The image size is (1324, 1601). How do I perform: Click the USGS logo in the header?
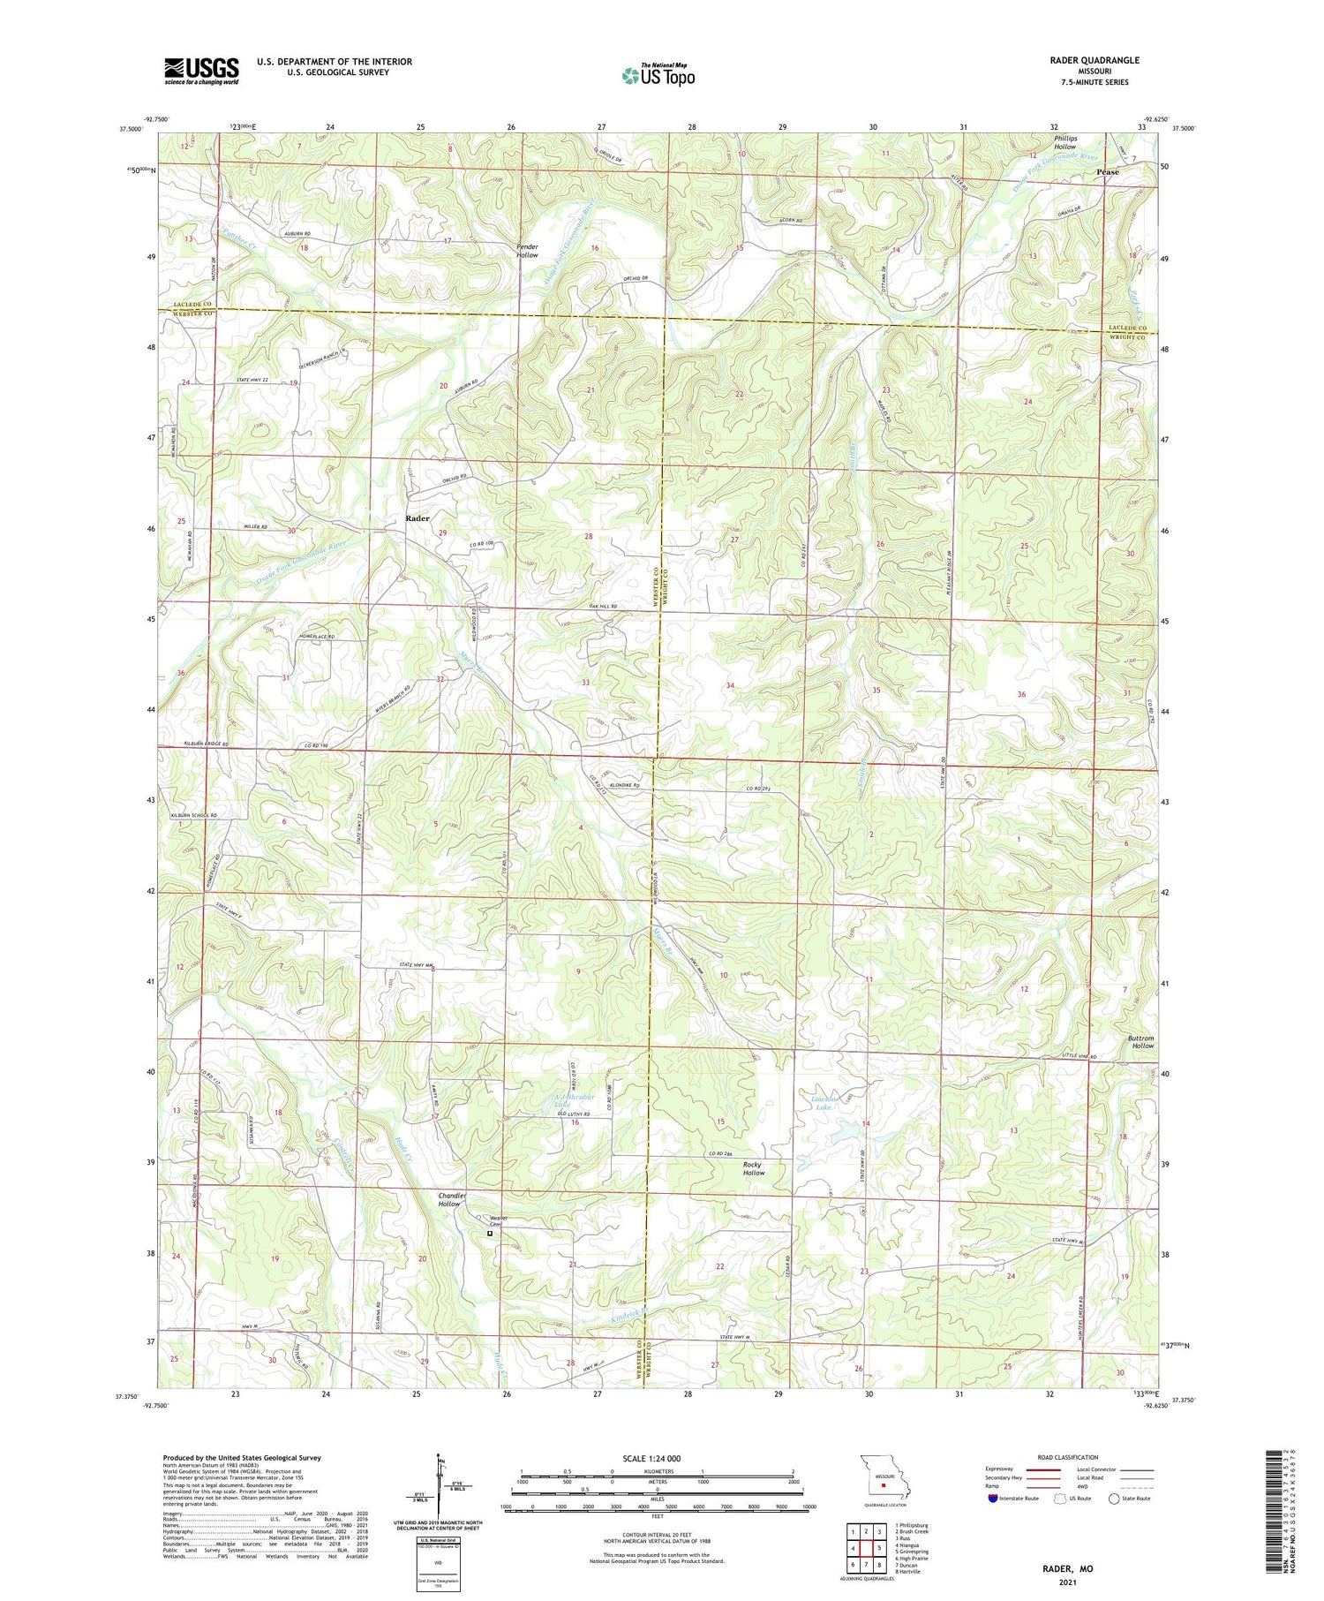click(201, 71)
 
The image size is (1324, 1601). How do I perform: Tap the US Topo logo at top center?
click(658, 76)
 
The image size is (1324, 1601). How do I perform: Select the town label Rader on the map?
click(417, 518)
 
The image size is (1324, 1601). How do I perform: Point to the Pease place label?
click(1107, 172)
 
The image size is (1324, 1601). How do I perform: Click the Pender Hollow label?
click(527, 250)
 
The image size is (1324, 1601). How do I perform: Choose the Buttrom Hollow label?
click(1140, 1042)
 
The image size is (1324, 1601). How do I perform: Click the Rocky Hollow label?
click(753, 1168)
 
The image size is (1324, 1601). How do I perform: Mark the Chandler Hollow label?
click(451, 1199)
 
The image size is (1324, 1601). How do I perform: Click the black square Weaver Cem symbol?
click(490, 1234)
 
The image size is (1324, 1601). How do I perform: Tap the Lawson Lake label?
click(823, 1102)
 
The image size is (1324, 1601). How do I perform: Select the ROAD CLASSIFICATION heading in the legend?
click(1068, 1457)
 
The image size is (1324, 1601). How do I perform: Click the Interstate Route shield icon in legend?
click(993, 1499)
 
